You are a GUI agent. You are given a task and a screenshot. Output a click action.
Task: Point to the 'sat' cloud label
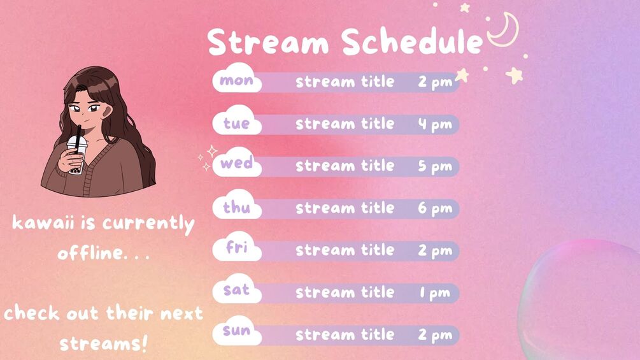point(237,289)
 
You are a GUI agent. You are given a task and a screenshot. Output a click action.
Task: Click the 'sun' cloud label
point(237,331)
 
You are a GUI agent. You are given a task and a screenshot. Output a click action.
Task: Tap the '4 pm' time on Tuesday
point(435,124)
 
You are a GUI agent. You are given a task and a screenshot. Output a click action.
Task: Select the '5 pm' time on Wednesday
point(435,166)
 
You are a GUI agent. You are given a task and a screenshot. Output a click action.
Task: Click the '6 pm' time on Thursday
point(435,208)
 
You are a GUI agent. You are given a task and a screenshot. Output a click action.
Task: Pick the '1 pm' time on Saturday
point(435,293)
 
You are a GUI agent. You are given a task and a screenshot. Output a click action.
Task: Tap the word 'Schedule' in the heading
point(412,41)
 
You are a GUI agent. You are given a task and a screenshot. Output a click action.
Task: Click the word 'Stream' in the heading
point(268,41)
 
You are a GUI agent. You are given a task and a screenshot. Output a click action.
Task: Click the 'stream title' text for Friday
point(345,250)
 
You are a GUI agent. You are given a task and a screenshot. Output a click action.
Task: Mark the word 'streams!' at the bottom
point(103,343)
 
